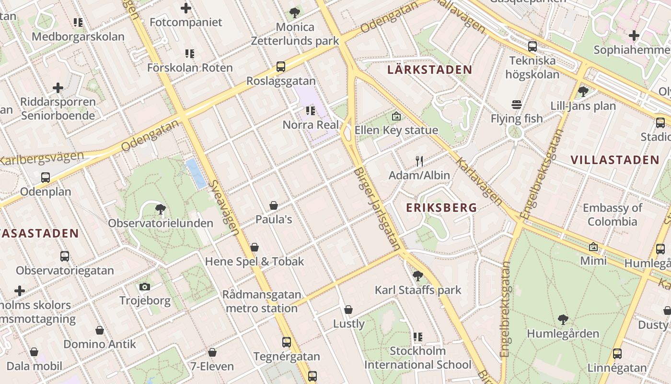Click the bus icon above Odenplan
(x=46, y=178)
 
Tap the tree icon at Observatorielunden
(x=161, y=209)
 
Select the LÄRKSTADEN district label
(x=429, y=70)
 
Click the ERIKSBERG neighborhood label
(x=441, y=208)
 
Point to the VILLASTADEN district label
(x=614, y=160)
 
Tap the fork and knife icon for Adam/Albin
(x=419, y=161)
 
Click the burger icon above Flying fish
(x=516, y=105)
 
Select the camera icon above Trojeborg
(x=145, y=287)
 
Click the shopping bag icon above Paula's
(x=274, y=206)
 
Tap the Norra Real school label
(x=311, y=125)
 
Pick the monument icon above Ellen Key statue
(x=396, y=116)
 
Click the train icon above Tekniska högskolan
(x=532, y=47)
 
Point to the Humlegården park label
(x=563, y=334)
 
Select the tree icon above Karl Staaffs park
(x=417, y=276)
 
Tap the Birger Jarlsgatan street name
(x=377, y=209)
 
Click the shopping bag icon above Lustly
(x=348, y=310)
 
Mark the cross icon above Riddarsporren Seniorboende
(x=58, y=88)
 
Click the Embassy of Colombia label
(x=612, y=215)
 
